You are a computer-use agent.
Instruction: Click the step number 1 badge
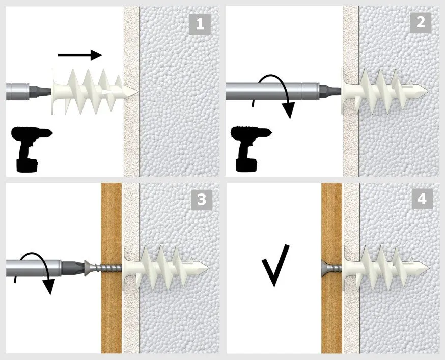[200, 24]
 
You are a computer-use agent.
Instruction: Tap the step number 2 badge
[421, 22]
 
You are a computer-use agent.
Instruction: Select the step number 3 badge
[202, 200]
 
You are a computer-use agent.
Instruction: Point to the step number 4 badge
[422, 199]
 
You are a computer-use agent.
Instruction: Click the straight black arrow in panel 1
[79, 55]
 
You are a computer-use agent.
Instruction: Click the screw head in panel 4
[325, 268]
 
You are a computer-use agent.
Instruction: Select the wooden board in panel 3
[112, 268]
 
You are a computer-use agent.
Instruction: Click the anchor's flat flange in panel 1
[53, 92]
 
